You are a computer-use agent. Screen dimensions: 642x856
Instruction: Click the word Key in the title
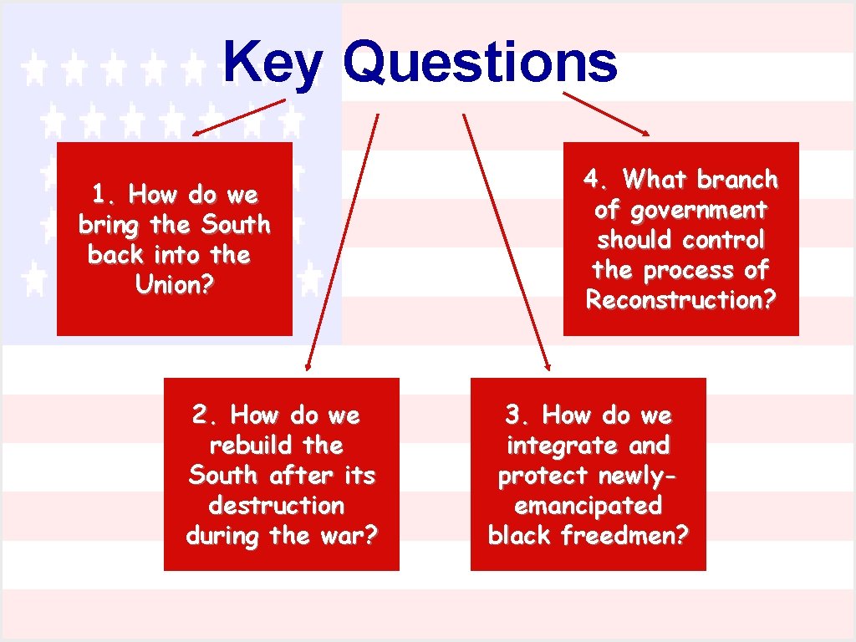[271, 64]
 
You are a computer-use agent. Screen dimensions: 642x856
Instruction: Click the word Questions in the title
[480, 64]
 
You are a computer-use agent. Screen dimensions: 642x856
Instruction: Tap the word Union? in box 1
[175, 285]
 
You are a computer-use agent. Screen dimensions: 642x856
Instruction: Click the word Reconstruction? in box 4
[681, 300]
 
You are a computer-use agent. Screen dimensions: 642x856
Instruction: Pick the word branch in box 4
[737, 180]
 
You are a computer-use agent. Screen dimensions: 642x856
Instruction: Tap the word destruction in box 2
[276, 506]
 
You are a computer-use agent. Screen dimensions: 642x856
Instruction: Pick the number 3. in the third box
[517, 415]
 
